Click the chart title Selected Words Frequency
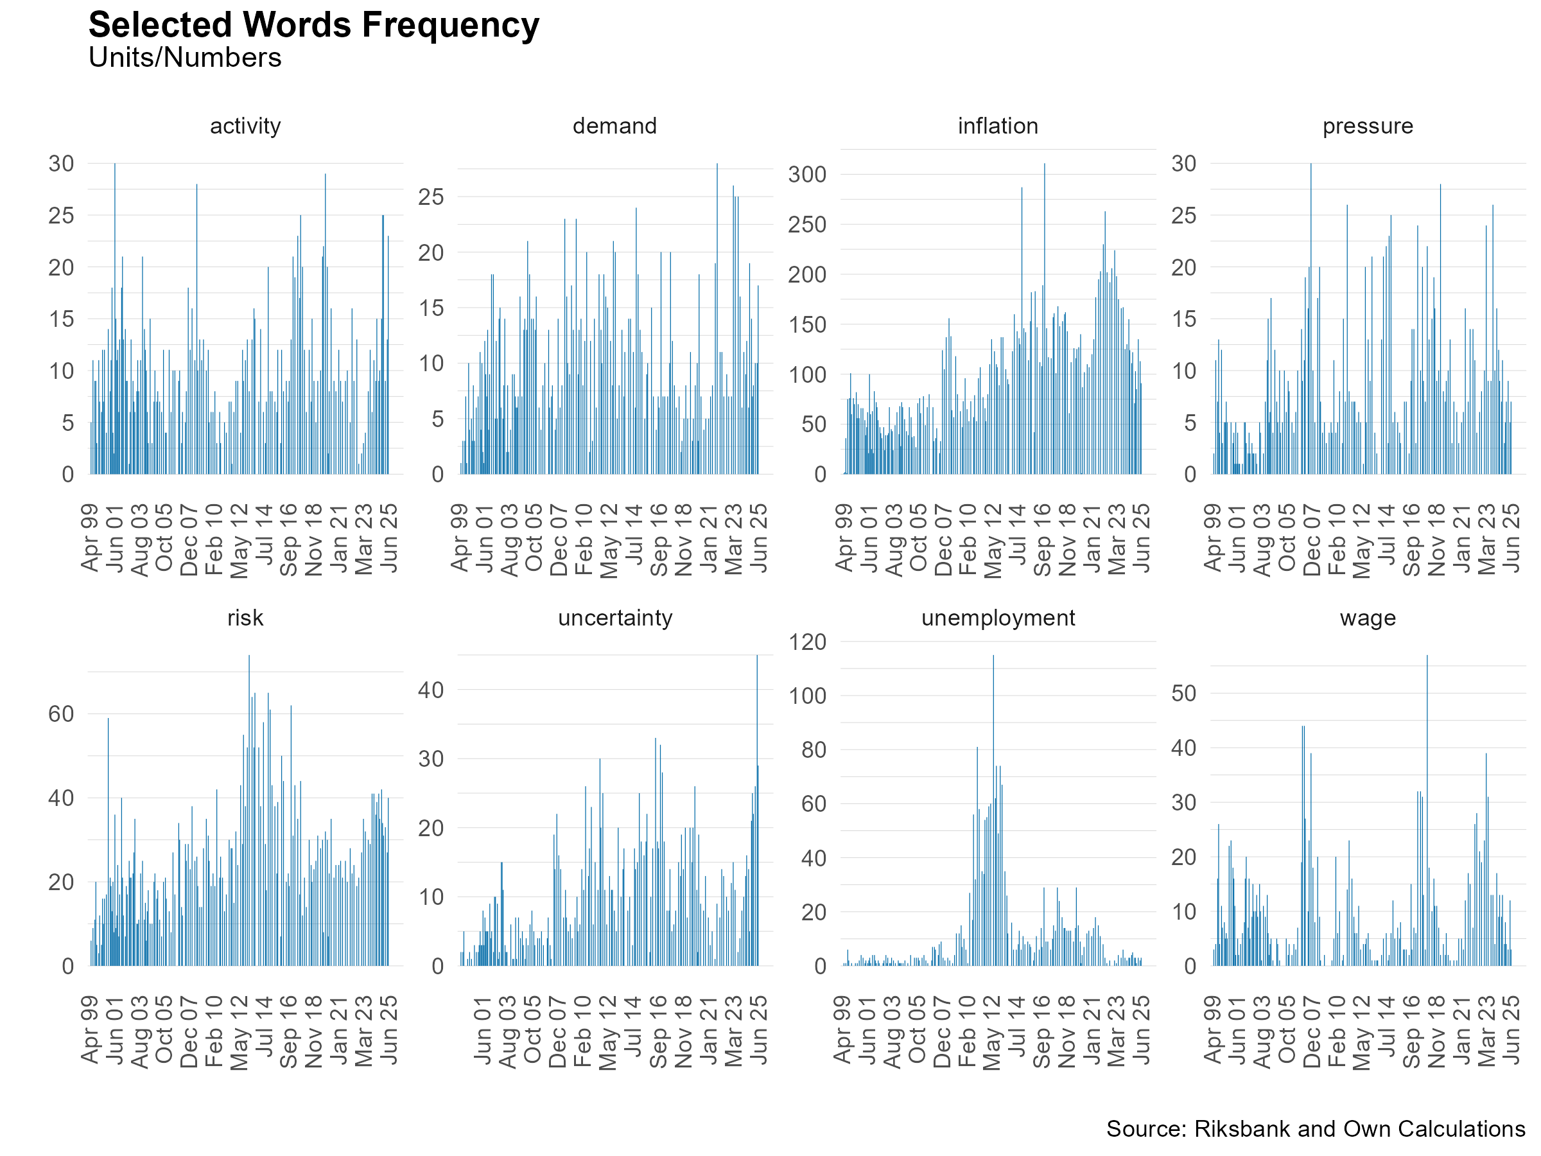(313, 26)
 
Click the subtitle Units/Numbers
(185, 58)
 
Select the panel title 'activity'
(245, 126)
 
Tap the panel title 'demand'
(614, 126)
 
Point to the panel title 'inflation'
(998, 126)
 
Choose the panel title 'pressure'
(1368, 127)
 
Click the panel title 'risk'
(245, 618)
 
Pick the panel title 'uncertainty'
(615, 618)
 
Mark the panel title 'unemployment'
(998, 618)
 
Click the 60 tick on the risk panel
(61, 714)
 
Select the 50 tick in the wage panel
(1183, 694)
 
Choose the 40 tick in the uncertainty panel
(431, 690)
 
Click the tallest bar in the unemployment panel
(993, 810)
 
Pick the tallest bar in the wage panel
(1427, 810)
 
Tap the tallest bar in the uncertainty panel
(757, 810)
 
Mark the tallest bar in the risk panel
(249, 810)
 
